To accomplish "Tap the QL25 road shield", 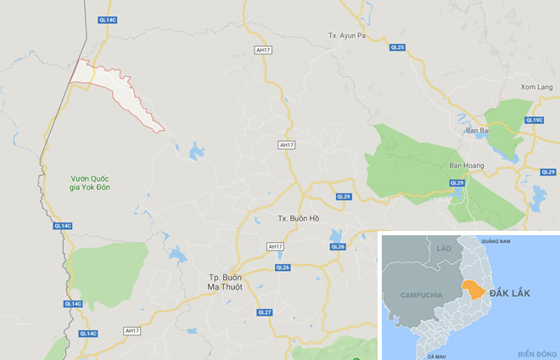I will click(x=397, y=47).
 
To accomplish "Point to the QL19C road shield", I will click(x=534, y=120).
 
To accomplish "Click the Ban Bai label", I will click(x=478, y=131).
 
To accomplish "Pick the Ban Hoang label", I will click(x=465, y=166).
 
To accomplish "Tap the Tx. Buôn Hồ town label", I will click(x=298, y=218).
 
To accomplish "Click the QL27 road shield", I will click(x=266, y=312).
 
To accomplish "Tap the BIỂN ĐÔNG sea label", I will click(x=536, y=352).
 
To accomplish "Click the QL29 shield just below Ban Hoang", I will click(x=456, y=183).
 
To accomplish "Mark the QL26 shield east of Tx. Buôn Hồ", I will click(x=337, y=245).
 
